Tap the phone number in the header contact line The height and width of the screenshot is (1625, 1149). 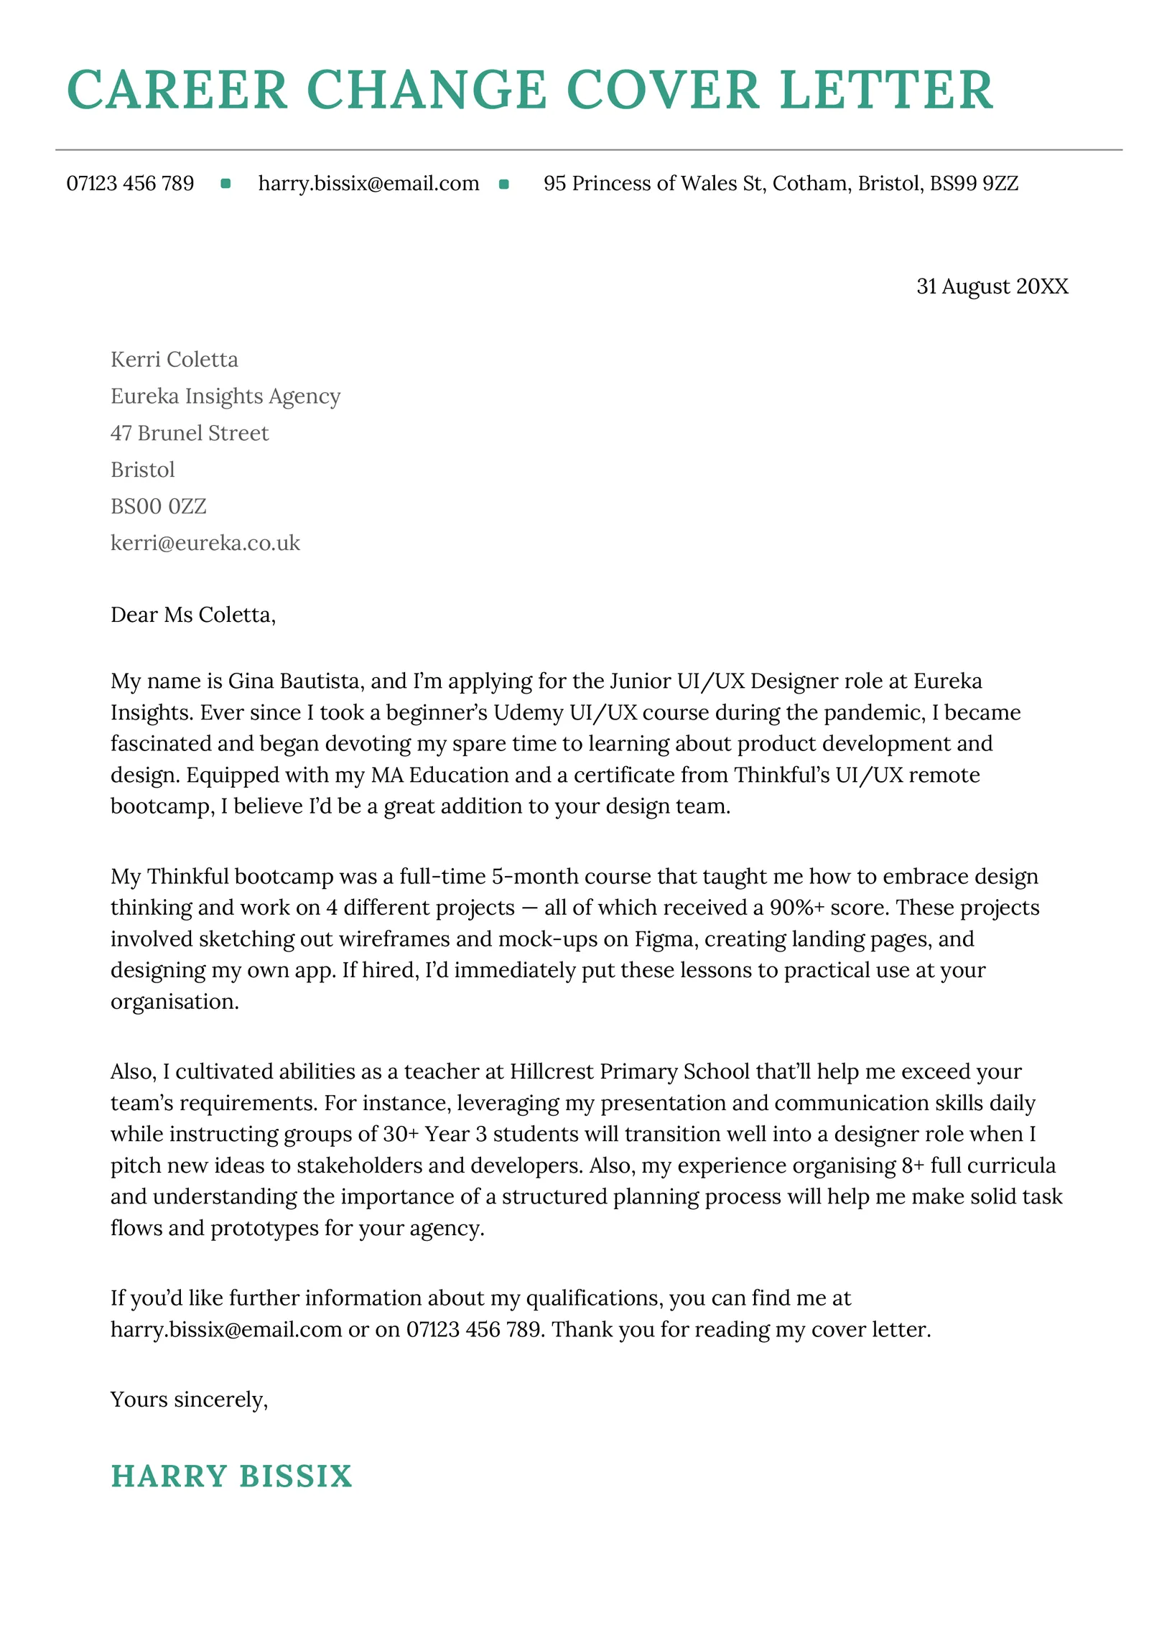coord(130,184)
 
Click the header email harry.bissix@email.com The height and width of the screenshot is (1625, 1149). coord(368,184)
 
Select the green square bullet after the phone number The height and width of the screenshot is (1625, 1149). coord(225,184)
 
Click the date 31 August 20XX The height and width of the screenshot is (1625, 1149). coord(992,287)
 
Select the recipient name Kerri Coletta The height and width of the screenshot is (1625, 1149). coord(174,359)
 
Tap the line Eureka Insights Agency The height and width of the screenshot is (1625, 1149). coord(225,396)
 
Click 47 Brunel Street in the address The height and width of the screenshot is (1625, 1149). coord(189,433)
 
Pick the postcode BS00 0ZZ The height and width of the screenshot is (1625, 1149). coord(158,506)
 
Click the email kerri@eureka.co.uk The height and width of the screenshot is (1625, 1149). coord(205,543)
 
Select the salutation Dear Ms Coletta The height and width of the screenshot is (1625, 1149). coord(192,615)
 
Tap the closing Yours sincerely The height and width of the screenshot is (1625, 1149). coord(189,1400)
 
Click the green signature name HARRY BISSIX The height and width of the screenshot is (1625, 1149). coord(231,1476)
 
